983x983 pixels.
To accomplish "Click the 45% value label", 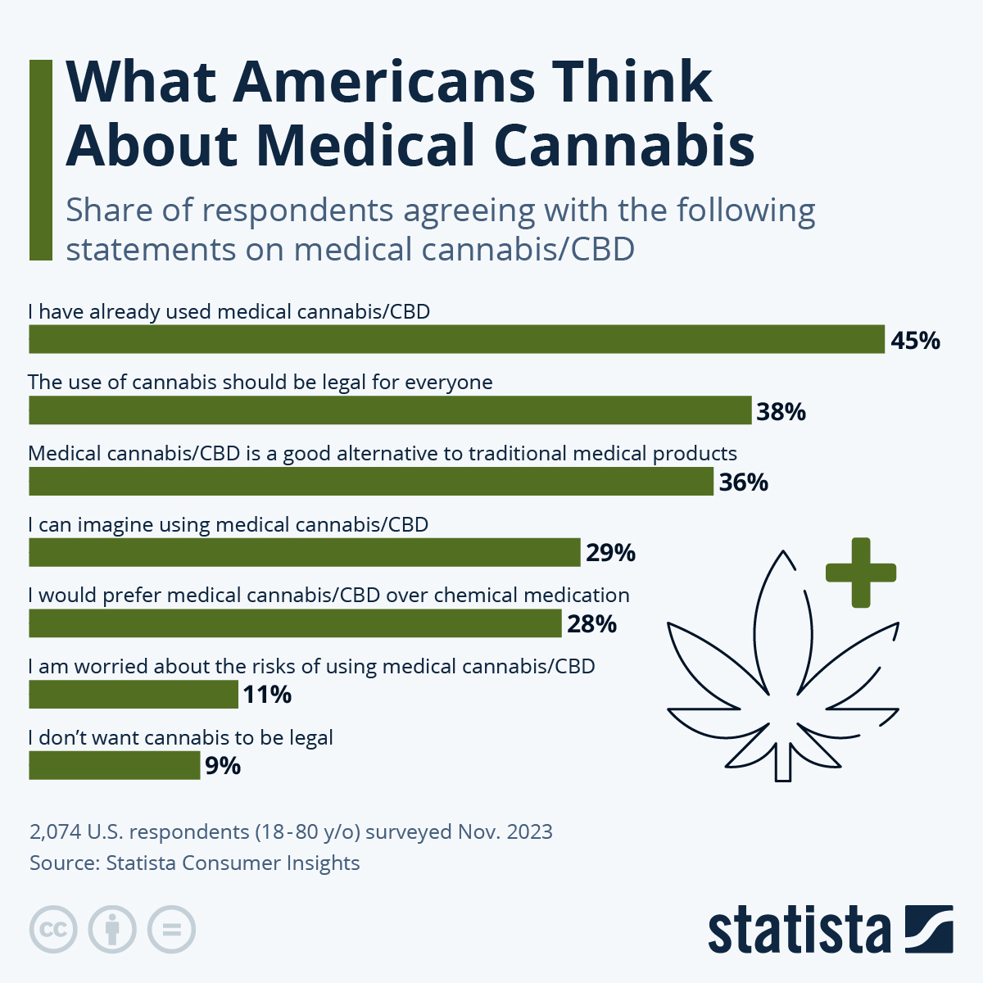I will (x=915, y=340).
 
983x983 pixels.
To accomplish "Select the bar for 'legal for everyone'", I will (x=390, y=410).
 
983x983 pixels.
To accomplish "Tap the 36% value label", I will (x=743, y=482).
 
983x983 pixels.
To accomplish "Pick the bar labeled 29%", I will (x=305, y=553).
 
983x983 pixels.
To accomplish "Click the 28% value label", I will (x=591, y=624).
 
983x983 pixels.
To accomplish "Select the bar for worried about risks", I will (x=134, y=695).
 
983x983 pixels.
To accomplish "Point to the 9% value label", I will (x=222, y=766).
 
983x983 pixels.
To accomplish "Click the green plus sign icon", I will (x=860, y=573).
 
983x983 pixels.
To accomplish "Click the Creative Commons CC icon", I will (x=53, y=930).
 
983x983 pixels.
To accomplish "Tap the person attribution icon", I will (x=112, y=930).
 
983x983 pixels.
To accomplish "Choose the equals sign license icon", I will (x=171, y=930).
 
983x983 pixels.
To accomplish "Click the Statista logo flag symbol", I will (x=929, y=929).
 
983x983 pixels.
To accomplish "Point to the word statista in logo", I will (x=799, y=931).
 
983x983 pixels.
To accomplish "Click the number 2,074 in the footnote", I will (x=56, y=832).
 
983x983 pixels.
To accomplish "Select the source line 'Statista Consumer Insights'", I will (x=233, y=863).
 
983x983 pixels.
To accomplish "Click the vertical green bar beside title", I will (x=40, y=161).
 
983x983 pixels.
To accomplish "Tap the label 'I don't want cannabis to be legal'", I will (x=180, y=737).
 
